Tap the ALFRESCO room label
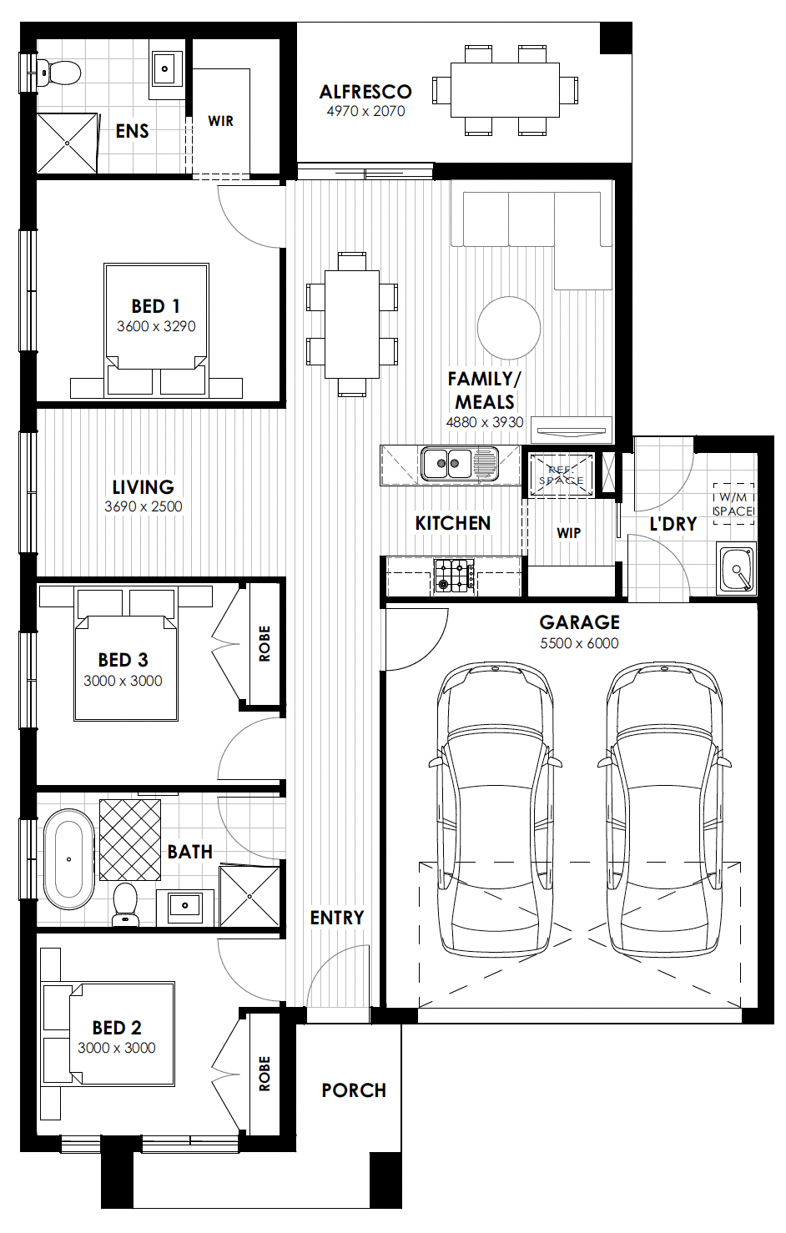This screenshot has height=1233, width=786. (365, 92)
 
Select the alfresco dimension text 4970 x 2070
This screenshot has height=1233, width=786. (365, 111)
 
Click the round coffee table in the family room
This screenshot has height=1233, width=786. (509, 328)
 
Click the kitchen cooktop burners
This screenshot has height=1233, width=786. (454, 576)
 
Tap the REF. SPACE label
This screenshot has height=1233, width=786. (561, 475)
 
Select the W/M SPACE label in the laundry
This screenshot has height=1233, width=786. (733, 505)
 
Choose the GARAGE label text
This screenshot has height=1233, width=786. (579, 622)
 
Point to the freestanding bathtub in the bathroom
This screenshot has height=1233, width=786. (68, 860)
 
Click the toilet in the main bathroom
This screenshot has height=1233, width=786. (125, 903)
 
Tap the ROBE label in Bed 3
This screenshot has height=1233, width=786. (265, 643)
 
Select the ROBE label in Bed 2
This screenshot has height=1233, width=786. (265, 1074)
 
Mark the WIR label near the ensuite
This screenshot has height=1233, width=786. (221, 121)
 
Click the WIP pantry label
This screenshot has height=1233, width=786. (568, 533)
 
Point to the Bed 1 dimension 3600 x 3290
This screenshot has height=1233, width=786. (156, 326)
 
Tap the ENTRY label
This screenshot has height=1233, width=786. (337, 918)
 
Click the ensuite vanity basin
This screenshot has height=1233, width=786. (165, 68)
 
